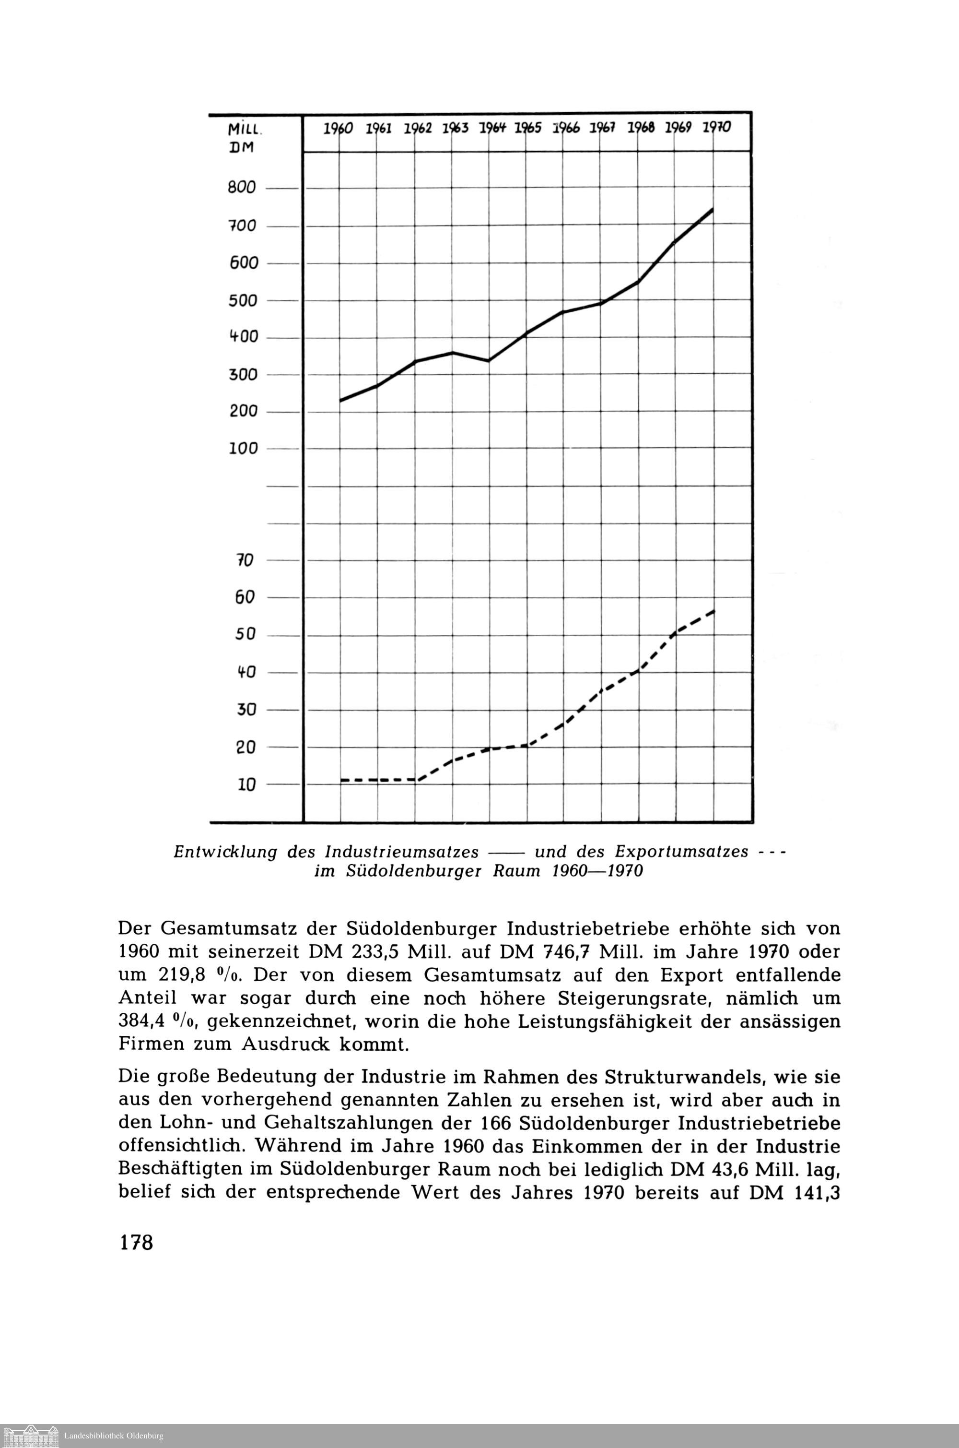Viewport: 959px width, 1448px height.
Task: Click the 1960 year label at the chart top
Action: [338, 129]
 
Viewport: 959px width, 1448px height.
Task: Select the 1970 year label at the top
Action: [716, 128]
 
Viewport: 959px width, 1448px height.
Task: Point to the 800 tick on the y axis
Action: [242, 188]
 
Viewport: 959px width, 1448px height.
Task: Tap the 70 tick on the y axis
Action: [245, 560]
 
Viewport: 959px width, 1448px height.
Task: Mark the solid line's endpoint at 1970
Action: [713, 209]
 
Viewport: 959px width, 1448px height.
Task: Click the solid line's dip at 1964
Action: [489, 360]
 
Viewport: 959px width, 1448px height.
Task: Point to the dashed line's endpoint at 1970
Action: [714, 610]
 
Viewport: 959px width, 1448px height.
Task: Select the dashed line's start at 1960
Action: [341, 780]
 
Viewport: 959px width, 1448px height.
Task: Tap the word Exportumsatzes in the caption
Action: [681, 852]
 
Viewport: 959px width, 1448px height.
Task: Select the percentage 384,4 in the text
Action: [140, 1022]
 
